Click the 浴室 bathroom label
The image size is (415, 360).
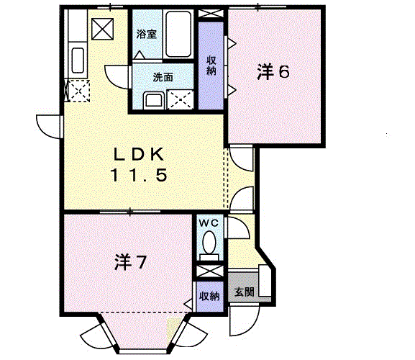tap(146, 34)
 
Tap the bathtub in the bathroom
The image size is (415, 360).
tap(178, 34)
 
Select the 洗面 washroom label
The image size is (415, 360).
tap(163, 77)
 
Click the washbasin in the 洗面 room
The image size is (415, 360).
tap(154, 101)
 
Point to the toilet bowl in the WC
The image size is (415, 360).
tap(209, 242)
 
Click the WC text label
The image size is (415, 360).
tap(209, 223)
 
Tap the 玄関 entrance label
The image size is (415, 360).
tap(245, 292)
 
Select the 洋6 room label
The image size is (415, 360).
tap(273, 72)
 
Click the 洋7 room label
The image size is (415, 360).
tap(130, 262)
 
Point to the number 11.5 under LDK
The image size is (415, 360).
tap(139, 176)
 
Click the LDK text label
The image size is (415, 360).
tap(138, 155)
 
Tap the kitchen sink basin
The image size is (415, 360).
tap(78, 60)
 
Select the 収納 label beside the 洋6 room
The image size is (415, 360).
tap(211, 66)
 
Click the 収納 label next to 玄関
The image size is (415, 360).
tap(209, 296)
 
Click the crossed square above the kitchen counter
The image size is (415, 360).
tap(102, 29)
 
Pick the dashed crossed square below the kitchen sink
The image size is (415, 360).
tap(79, 91)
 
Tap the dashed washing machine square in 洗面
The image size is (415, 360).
tap(181, 99)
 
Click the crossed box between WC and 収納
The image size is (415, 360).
tap(209, 271)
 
